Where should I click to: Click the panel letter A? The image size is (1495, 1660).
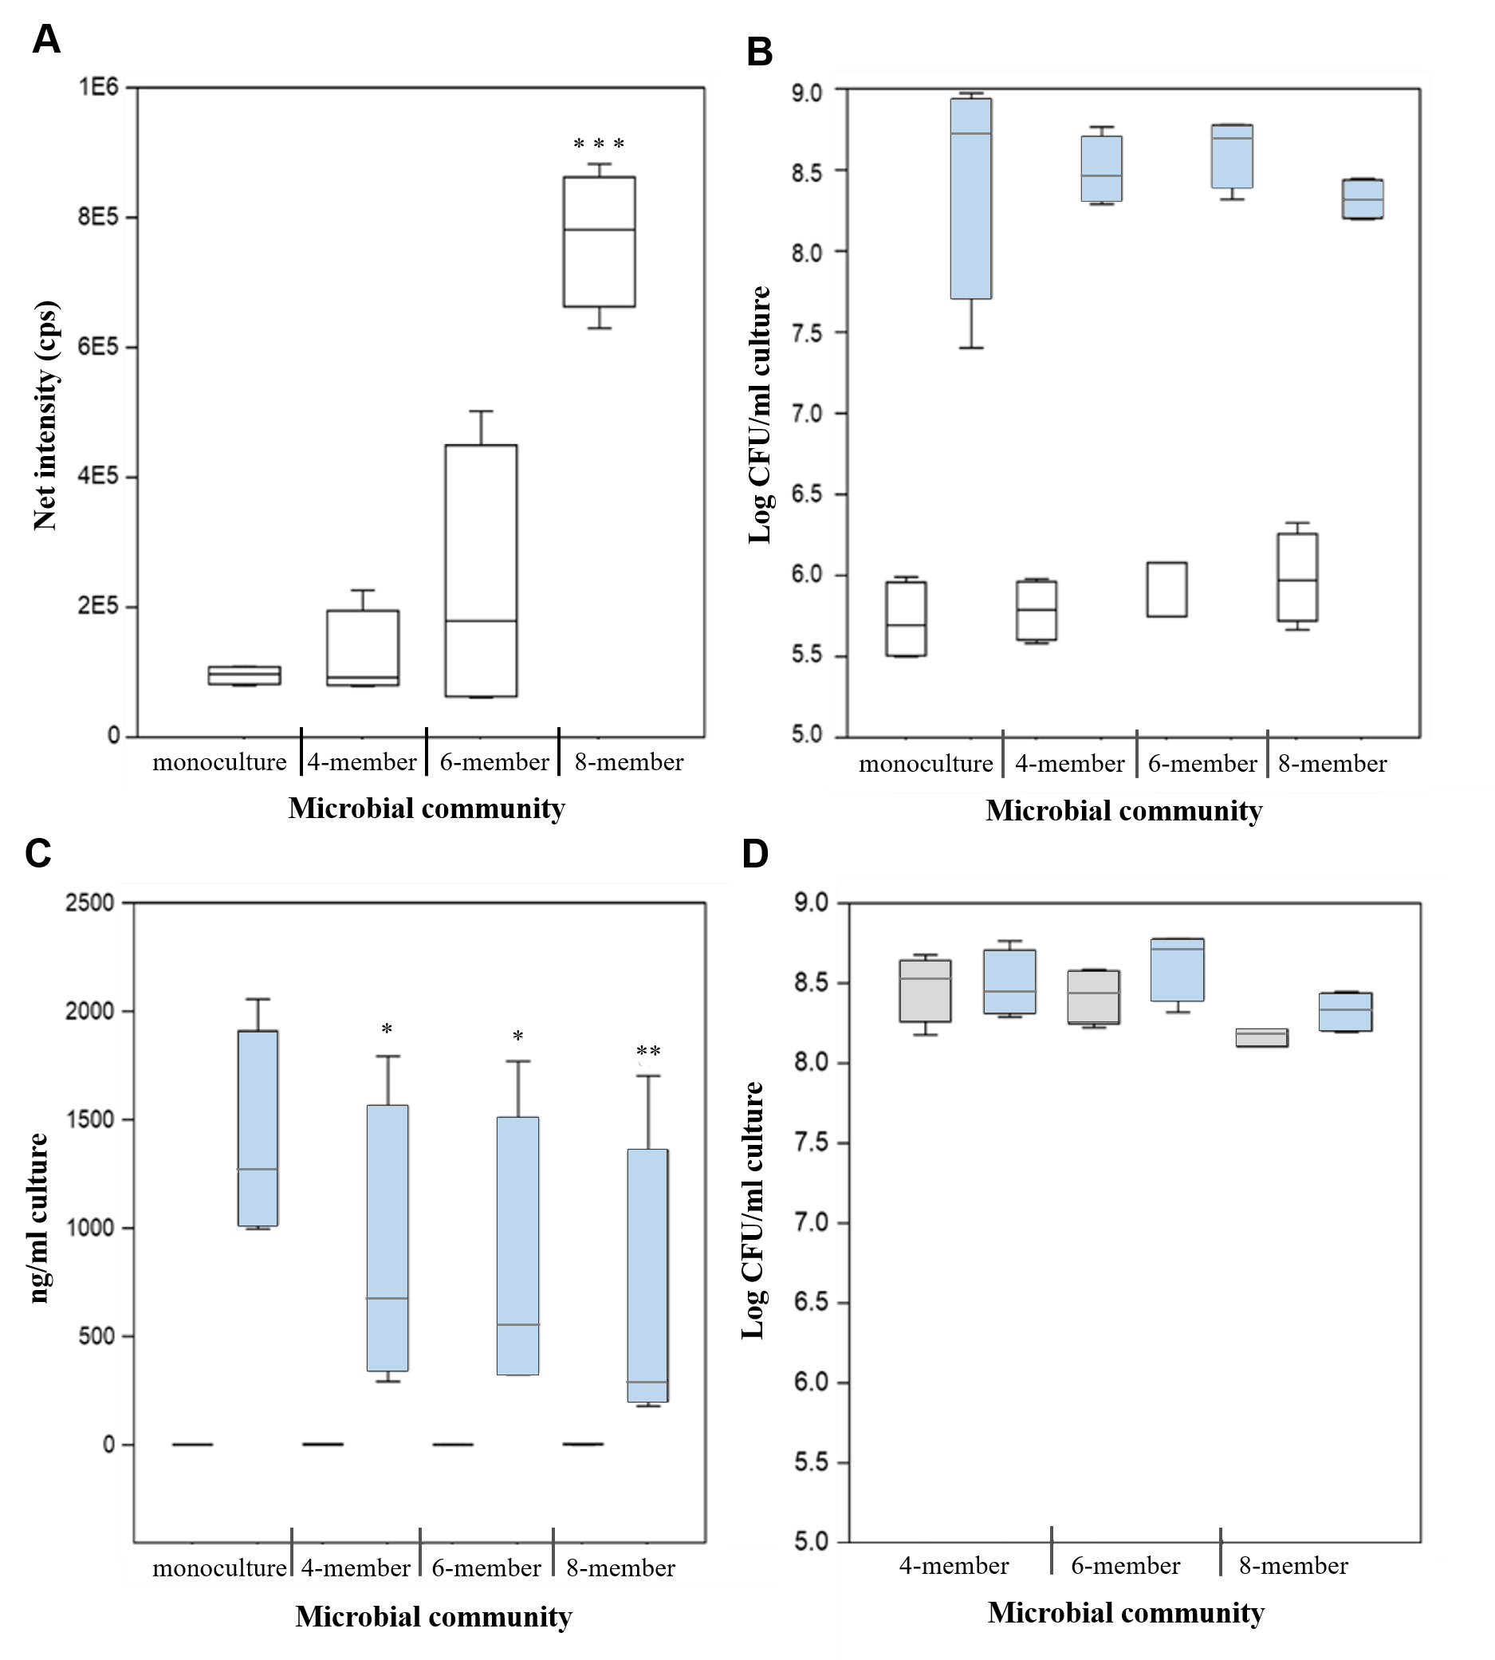[x=46, y=39]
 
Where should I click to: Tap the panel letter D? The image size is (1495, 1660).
[x=755, y=854]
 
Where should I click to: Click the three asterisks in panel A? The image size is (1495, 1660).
[x=599, y=144]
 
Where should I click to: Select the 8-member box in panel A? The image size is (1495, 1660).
[x=599, y=242]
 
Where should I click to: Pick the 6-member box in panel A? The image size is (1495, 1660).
[x=482, y=570]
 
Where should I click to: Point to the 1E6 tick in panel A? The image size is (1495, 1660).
[x=100, y=86]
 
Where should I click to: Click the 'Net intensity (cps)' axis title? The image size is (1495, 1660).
[x=46, y=415]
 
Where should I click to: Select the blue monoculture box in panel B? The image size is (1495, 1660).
[x=971, y=198]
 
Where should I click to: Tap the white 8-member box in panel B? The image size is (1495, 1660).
[x=1297, y=577]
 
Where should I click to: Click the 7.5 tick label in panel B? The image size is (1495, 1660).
[x=808, y=332]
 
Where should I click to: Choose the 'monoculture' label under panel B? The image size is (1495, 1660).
[x=926, y=764]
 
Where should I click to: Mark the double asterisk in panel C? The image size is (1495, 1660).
[x=648, y=1052]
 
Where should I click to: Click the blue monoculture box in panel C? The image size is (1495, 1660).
[x=258, y=1127]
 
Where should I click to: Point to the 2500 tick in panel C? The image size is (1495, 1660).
[x=89, y=903]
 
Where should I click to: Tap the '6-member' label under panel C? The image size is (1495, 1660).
[x=486, y=1568]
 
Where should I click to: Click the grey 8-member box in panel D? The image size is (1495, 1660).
[x=1262, y=1037]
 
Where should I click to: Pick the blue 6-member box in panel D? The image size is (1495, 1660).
[x=1178, y=970]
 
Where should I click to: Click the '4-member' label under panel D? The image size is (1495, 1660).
[x=954, y=1566]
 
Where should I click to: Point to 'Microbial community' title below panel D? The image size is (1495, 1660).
[x=1125, y=1612]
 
